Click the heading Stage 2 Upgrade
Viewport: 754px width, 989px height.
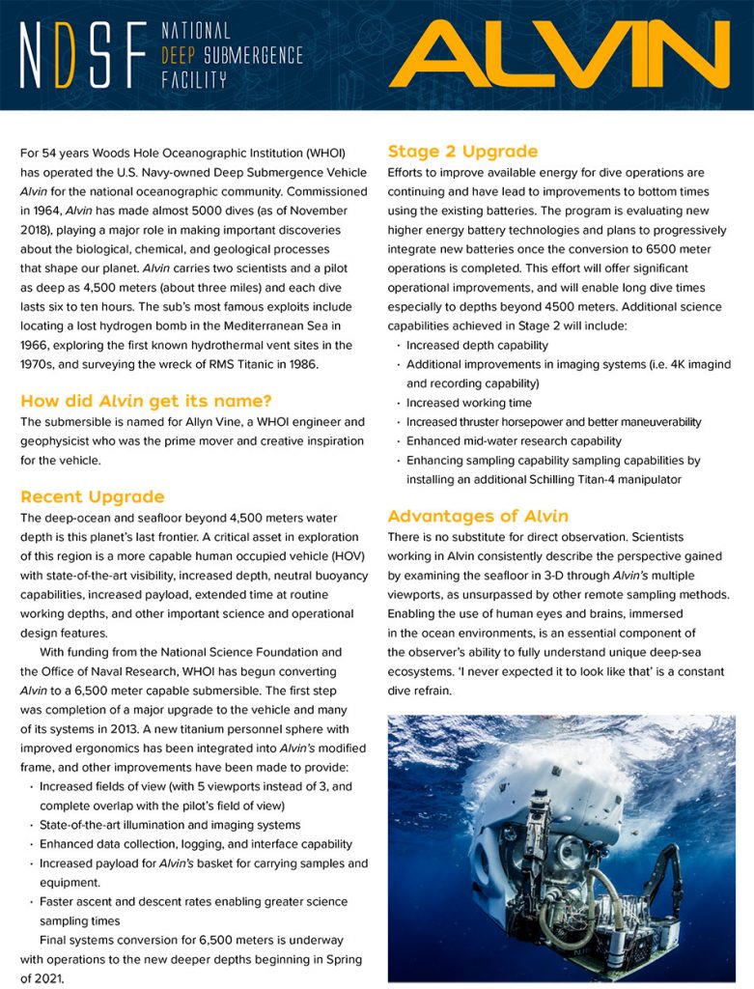point(462,151)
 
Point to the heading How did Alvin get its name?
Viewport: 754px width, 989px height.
point(146,401)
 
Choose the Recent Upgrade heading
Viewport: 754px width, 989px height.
point(92,496)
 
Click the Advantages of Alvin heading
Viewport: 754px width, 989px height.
point(478,515)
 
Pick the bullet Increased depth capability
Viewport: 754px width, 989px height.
point(477,345)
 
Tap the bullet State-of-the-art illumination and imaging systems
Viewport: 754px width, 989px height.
point(170,825)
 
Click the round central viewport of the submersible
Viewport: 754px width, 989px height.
point(569,855)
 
